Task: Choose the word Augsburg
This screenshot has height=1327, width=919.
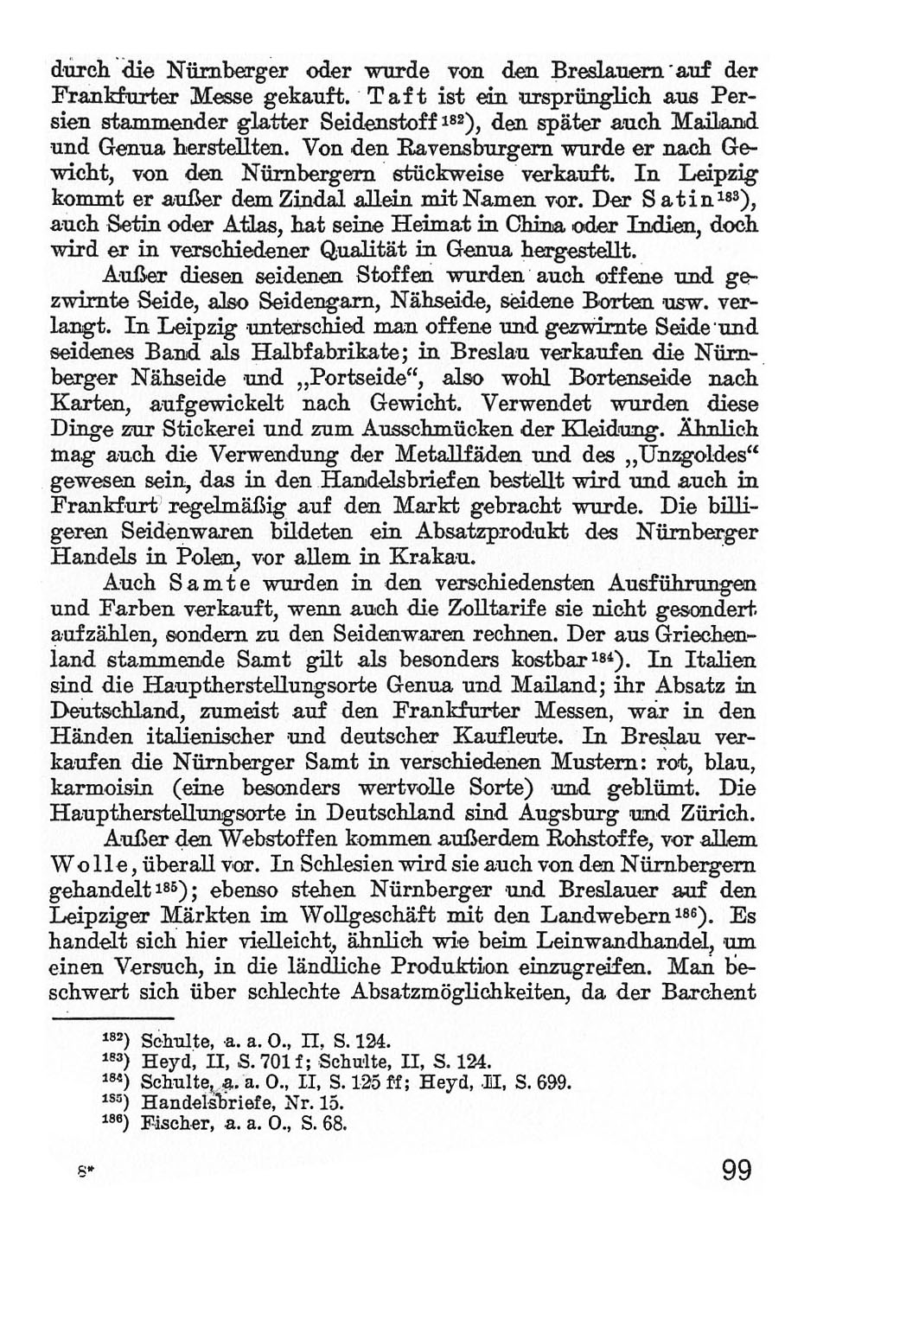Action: tap(569, 813)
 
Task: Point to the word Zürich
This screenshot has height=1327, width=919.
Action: tap(714, 813)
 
